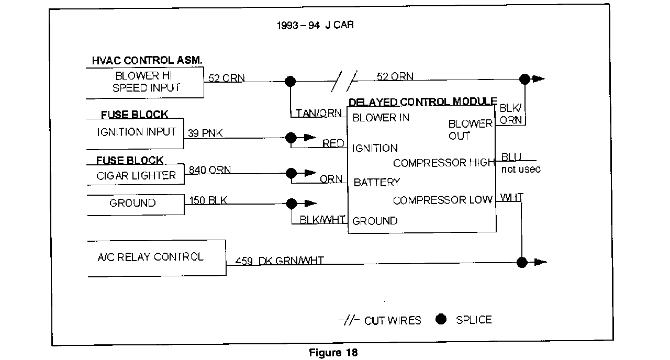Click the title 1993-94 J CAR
pyautogui.click(x=316, y=25)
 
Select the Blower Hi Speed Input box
pyautogui.click(x=145, y=82)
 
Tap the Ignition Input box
pyautogui.click(x=136, y=133)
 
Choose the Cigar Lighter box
pyautogui.click(x=136, y=176)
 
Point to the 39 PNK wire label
pyautogui.click(x=205, y=134)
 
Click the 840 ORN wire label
pyautogui.click(x=209, y=170)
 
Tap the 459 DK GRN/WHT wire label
pyautogui.click(x=279, y=261)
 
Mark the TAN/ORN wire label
pyautogui.click(x=319, y=113)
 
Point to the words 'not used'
pyautogui.click(x=521, y=170)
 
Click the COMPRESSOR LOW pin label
pyautogui.click(x=442, y=200)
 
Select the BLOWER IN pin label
pyautogui.click(x=381, y=118)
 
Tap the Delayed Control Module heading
pyautogui.click(x=423, y=102)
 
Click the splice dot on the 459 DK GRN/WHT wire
pyautogui.click(x=521, y=262)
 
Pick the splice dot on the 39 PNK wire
pyautogui.click(x=291, y=138)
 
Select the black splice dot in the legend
pyautogui.click(x=441, y=319)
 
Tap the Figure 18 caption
pyautogui.click(x=333, y=353)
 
